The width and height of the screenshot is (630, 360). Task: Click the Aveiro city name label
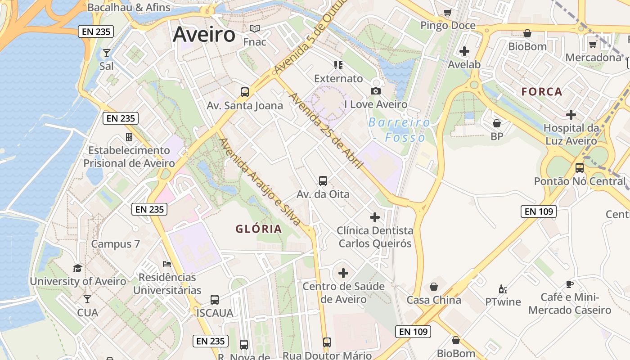point(204,34)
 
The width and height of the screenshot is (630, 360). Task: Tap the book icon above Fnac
point(255,29)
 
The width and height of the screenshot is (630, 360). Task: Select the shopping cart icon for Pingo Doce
point(447,12)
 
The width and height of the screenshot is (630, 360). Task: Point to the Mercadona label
point(593,58)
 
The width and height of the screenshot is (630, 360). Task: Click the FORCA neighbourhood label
point(542,92)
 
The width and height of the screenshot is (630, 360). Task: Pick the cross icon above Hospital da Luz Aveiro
point(571,115)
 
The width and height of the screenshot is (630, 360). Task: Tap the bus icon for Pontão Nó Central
point(580,168)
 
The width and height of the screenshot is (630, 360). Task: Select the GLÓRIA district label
point(259,229)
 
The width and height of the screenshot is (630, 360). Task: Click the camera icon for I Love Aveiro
point(375,91)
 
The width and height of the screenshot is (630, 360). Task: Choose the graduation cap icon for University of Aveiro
point(78,268)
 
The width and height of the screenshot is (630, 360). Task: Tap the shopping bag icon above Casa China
point(434,287)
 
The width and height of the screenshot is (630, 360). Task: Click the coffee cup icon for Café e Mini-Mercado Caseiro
point(570,284)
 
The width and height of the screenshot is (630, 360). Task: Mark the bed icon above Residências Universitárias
point(167,264)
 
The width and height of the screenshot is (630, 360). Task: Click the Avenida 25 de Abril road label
point(325,131)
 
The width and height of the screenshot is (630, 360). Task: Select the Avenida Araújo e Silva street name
point(260,182)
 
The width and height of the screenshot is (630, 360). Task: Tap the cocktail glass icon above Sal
point(106,53)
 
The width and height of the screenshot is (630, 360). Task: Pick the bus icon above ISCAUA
point(215,300)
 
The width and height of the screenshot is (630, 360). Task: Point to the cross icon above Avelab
point(464,51)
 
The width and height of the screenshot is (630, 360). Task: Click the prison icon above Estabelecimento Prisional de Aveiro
point(129,137)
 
